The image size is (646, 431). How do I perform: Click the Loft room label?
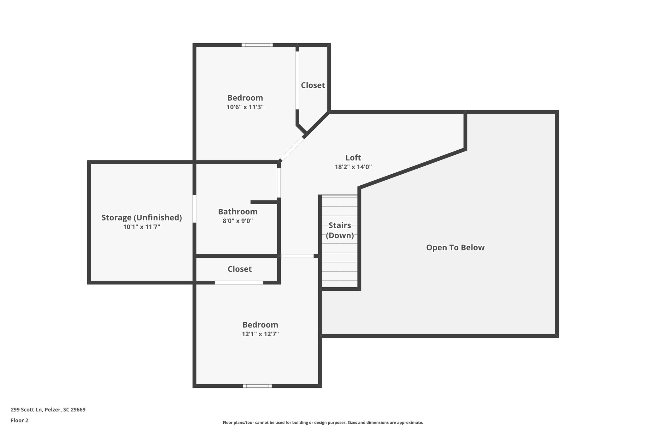353,158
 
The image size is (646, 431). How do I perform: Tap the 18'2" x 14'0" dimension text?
353,167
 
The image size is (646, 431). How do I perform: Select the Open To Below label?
455,248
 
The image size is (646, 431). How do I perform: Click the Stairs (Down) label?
340,230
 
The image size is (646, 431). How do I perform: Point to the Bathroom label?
238,212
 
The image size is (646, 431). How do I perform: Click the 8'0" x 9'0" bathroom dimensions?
238,221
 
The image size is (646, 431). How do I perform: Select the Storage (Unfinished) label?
142,218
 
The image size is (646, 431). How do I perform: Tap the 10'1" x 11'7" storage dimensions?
142,227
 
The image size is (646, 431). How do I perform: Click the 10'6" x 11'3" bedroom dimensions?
245,107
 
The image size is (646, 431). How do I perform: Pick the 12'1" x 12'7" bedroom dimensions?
260,334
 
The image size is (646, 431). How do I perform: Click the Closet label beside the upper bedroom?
313,85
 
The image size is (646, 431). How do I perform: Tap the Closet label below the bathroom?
240,269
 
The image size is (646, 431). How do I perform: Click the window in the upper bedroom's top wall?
257,45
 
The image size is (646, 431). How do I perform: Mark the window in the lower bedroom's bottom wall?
257,386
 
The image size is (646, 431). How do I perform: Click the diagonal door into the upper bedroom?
292,149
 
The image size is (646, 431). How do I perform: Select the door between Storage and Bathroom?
194,209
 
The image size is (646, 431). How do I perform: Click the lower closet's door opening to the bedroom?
239,283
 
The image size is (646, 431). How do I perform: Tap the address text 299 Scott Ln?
48,410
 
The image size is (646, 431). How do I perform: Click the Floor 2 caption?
20,420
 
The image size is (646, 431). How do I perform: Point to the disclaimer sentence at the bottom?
323,422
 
